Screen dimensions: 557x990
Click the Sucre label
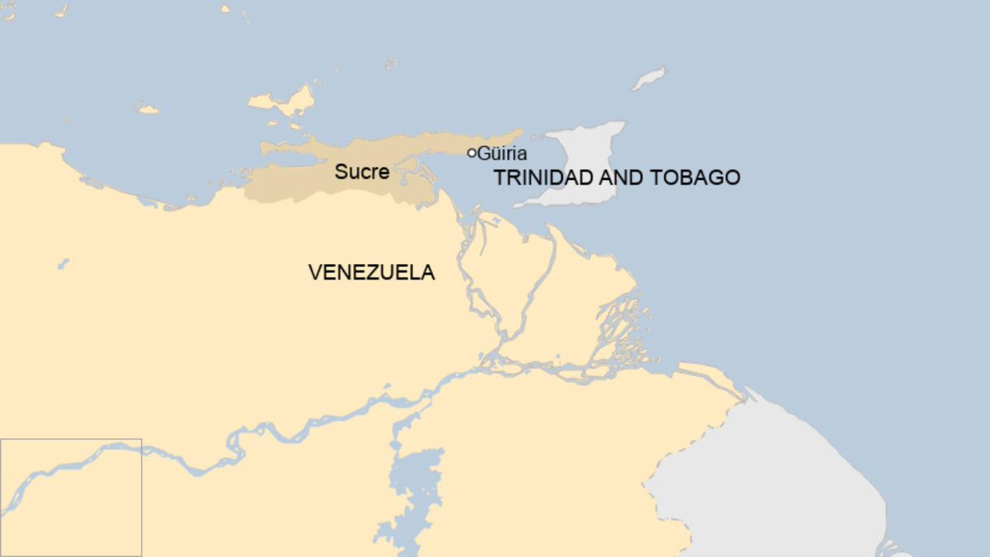[361, 172]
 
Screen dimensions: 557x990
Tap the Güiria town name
[502, 153]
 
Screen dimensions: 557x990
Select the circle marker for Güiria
[472, 153]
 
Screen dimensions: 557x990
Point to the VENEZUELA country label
[371, 272]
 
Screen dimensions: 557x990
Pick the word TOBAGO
[701, 177]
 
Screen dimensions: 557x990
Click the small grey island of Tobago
[649, 79]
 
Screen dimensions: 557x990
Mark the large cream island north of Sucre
[284, 102]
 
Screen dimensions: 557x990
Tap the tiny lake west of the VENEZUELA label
[63, 264]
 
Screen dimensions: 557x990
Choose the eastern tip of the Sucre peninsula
[520, 132]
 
